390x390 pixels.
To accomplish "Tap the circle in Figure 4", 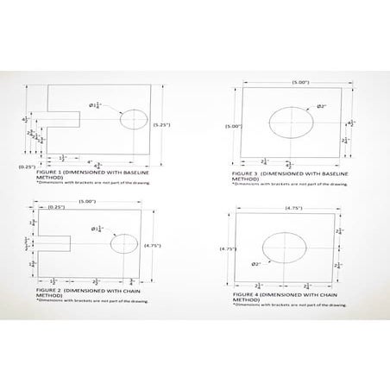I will point(281,248).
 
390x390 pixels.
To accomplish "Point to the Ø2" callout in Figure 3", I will point(321,106).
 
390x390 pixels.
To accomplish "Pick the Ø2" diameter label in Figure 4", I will point(256,264).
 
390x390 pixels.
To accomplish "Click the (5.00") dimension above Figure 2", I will point(86,201).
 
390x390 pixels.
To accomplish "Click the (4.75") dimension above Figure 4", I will point(286,208).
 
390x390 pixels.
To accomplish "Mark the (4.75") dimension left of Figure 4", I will point(228,249).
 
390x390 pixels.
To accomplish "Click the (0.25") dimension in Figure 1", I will point(27,167).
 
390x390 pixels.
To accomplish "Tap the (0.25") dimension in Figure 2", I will point(57,207).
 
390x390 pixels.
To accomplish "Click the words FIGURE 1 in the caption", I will point(49,173).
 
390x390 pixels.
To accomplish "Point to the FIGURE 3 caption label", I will point(246,173).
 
